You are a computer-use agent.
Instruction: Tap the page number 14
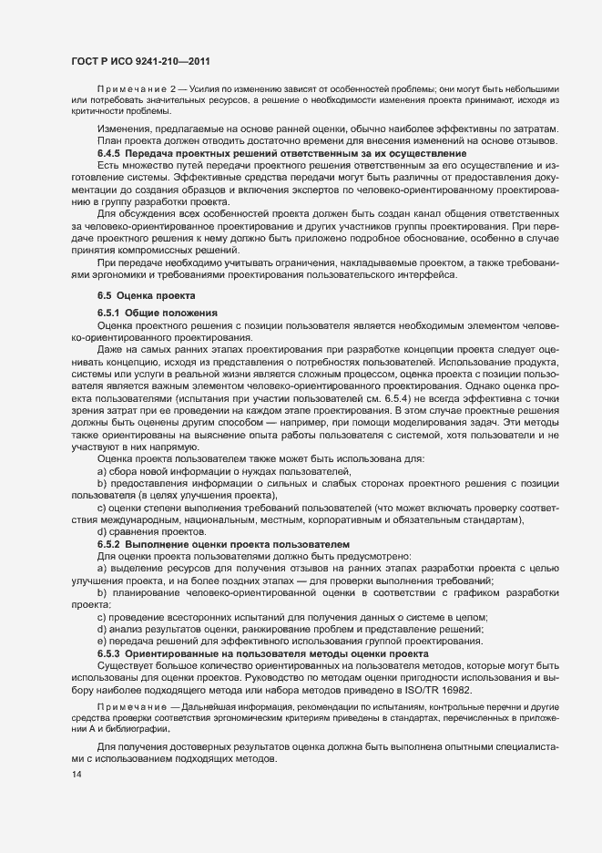(x=76, y=775)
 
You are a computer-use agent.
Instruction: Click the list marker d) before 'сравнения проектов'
(x=102, y=532)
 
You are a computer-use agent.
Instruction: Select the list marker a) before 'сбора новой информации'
(x=102, y=471)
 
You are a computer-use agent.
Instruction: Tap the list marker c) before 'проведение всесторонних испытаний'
(x=102, y=617)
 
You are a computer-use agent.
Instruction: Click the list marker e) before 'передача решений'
(x=102, y=642)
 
